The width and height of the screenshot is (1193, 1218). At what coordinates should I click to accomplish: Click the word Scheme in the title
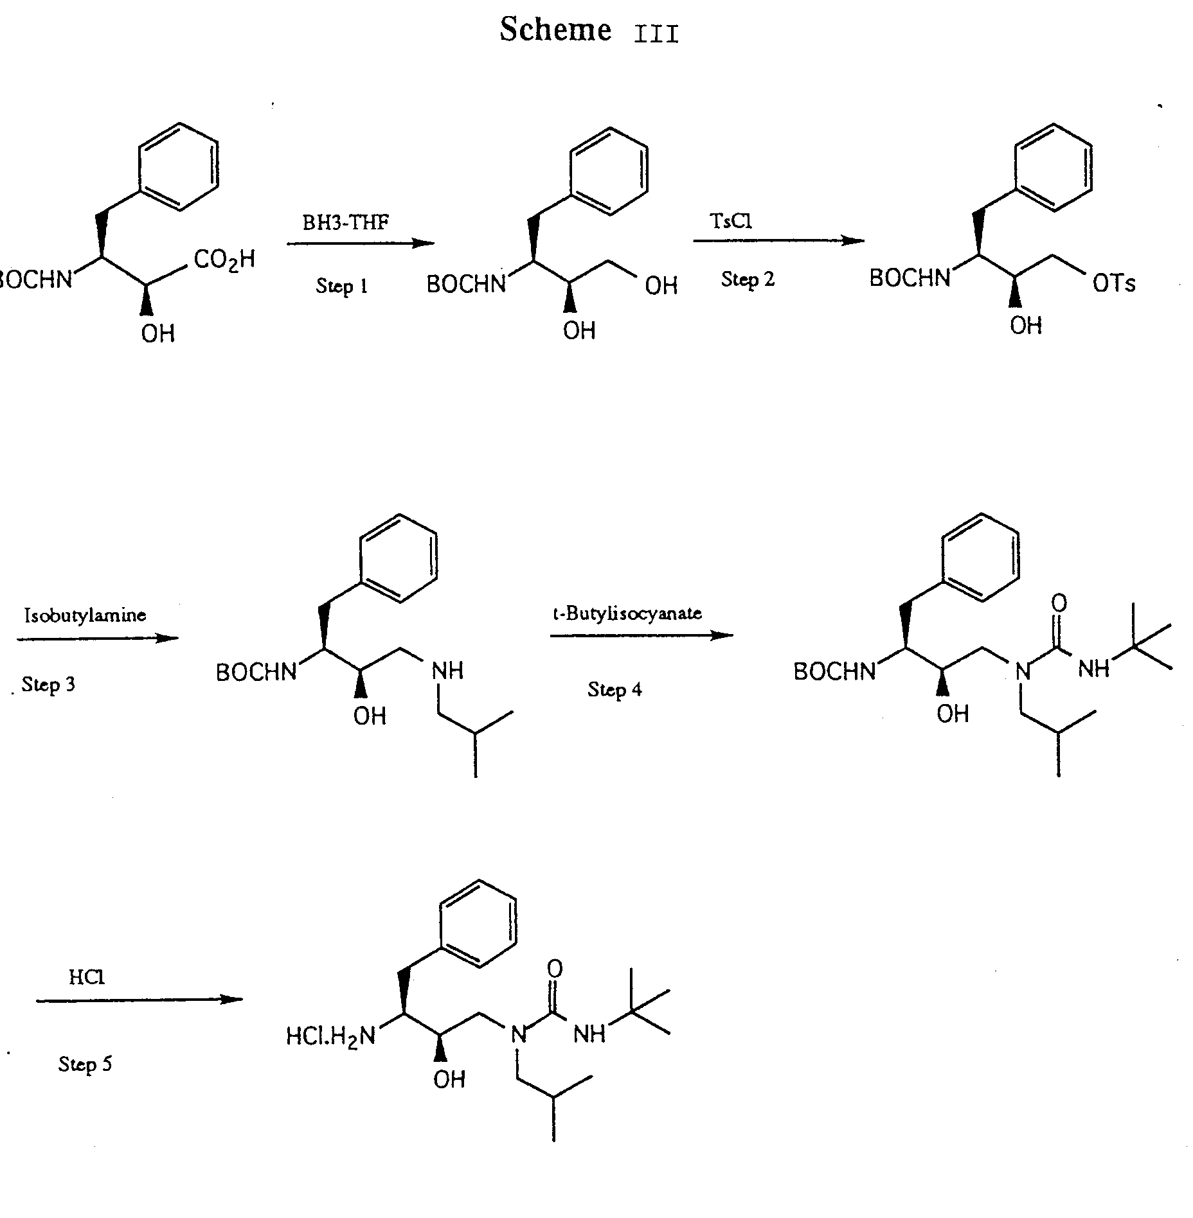555,30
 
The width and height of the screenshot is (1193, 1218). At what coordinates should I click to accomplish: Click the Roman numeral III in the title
656,34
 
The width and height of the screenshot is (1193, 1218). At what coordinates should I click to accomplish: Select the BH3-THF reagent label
346,223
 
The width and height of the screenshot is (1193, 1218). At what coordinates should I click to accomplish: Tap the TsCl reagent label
731,221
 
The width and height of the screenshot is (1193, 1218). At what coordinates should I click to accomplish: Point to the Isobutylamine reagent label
85,615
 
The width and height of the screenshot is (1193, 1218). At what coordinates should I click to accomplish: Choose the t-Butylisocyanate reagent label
627,613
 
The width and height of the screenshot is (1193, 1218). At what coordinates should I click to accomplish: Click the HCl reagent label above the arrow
87,977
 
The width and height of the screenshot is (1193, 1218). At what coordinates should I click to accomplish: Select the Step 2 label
748,279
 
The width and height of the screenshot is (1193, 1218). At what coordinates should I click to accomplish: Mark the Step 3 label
48,685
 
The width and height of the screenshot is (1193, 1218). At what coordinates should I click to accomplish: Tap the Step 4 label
614,689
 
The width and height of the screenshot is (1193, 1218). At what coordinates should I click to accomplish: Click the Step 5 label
85,1064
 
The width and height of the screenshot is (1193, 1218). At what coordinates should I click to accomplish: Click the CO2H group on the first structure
224,260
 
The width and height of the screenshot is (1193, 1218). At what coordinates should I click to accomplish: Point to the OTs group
1114,283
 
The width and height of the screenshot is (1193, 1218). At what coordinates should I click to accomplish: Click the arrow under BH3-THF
360,243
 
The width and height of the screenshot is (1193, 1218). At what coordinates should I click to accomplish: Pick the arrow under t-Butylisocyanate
641,636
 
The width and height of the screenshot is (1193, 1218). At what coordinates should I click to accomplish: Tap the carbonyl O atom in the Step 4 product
1059,603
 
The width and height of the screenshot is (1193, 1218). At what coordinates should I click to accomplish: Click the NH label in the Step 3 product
447,671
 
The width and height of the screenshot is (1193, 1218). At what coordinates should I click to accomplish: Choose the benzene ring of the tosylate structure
1054,167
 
